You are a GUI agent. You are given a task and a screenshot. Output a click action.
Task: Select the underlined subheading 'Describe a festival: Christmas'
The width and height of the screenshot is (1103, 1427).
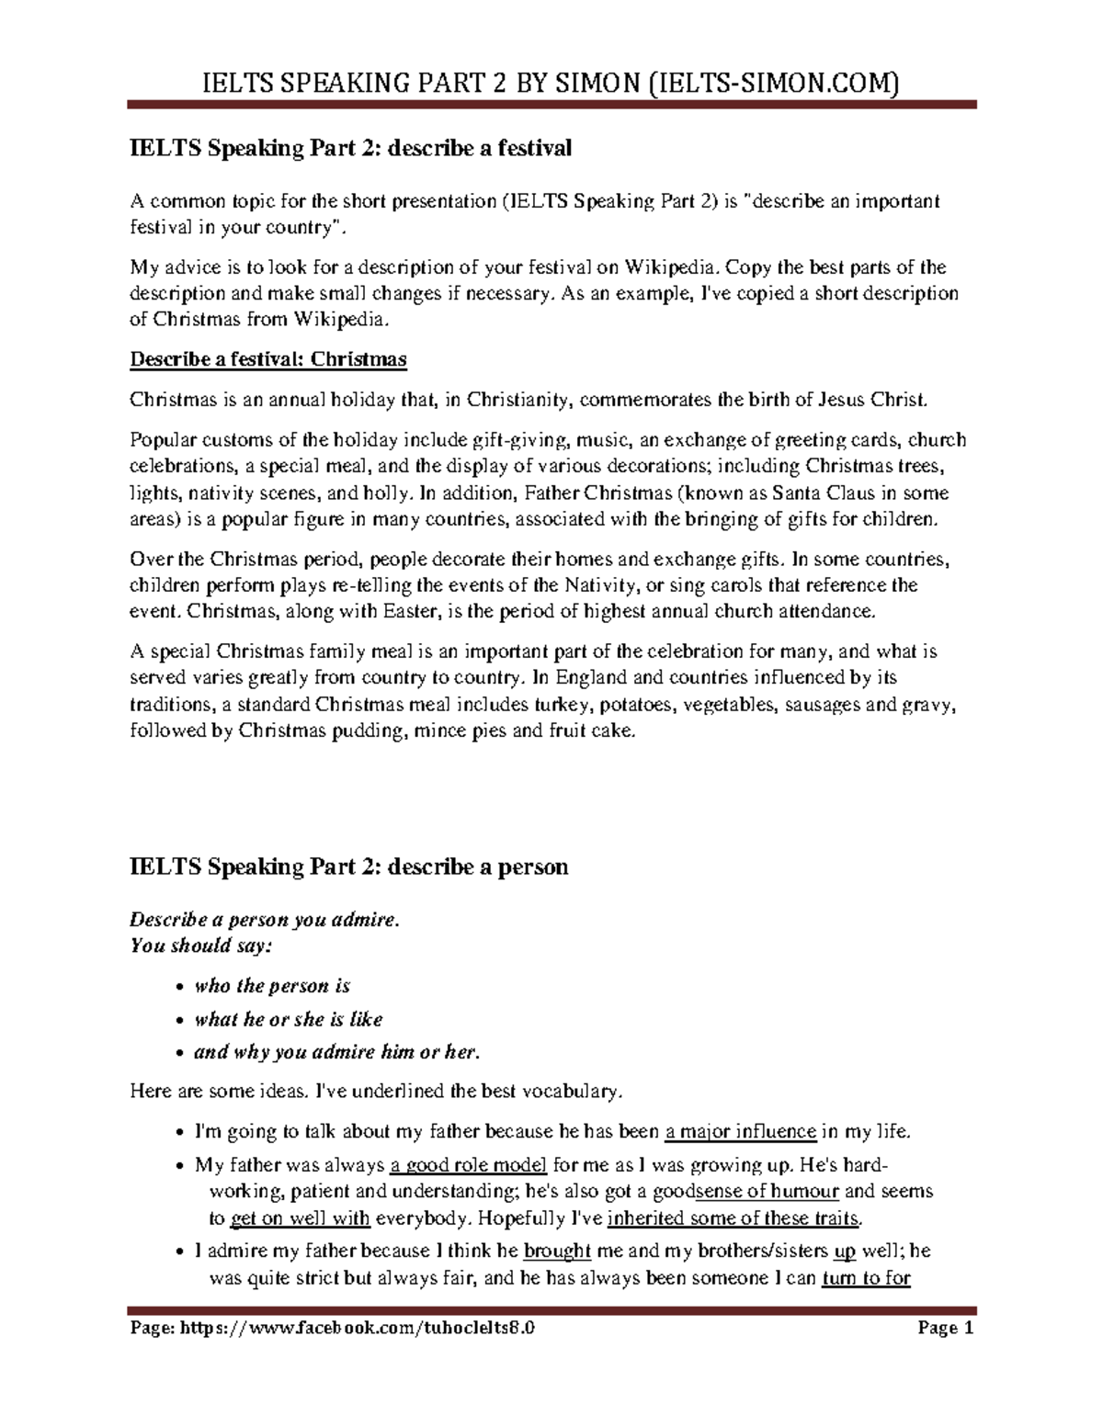pos(268,359)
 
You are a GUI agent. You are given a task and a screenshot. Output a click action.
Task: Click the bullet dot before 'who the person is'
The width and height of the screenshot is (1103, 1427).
pos(179,987)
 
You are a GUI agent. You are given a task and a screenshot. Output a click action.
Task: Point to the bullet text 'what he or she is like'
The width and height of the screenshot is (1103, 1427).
pos(289,1019)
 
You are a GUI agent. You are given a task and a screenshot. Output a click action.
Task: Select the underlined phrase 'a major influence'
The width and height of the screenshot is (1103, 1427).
pos(741,1131)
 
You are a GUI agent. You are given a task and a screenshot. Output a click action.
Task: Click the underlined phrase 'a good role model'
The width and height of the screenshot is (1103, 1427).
pos(469,1165)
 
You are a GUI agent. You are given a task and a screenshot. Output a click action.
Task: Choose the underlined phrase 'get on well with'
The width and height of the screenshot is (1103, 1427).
pos(300,1218)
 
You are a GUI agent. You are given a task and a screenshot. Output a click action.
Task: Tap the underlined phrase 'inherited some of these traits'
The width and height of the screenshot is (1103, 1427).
pos(734,1218)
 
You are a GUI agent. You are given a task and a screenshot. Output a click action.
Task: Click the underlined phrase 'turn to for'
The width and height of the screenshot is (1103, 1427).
pos(866,1277)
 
